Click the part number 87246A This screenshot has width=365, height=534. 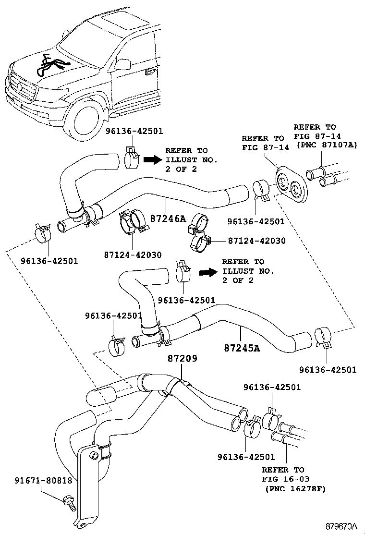[x=168, y=218]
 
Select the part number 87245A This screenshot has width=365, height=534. [x=242, y=348]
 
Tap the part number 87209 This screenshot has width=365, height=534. [x=182, y=359]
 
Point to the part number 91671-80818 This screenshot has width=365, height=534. [x=43, y=480]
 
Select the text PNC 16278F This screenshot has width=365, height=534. [x=296, y=488]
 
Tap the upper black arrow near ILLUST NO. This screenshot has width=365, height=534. [x=154, y=160]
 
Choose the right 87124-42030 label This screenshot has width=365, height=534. [x=256, y=241]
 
